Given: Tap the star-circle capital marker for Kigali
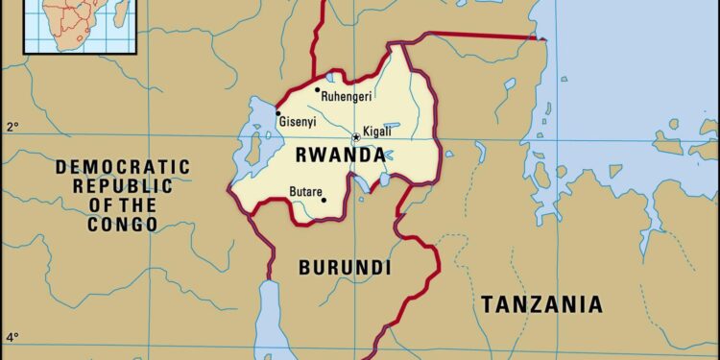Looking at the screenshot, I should (356, 137).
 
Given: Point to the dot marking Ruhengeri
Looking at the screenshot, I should (318, 89).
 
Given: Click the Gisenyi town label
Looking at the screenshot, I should (297, 122).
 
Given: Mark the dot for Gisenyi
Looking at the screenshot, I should (278, 111).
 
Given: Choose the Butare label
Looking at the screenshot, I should (305, 191).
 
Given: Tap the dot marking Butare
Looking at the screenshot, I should (324, 201).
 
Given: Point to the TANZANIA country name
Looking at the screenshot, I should (541, 305).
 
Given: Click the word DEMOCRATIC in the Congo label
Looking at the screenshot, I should (123, 166).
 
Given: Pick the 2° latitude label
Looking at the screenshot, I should (12, 127).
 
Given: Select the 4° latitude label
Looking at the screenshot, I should (12, 337).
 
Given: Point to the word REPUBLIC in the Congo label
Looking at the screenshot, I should (122, 186).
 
